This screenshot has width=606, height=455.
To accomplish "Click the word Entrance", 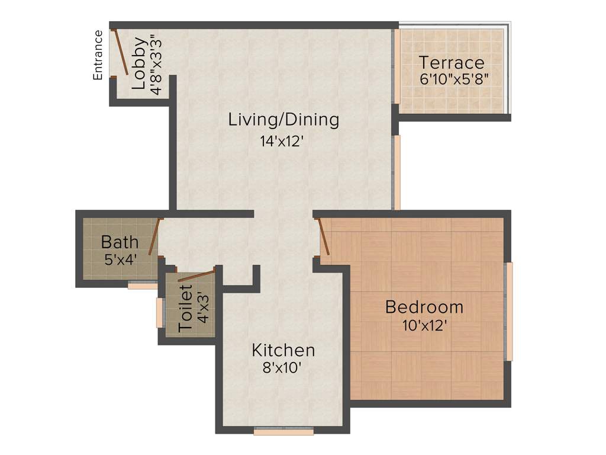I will [x=98, y=55].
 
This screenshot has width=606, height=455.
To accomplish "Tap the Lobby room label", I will [x=139, y=63].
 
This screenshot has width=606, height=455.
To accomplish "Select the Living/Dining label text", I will [x=283, y=120].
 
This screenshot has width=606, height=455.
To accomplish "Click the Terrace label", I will [x=452, y=62].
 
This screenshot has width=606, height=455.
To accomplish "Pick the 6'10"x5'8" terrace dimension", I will [x=454, y=79].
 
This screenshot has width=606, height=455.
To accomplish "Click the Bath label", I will [x=120, y=242].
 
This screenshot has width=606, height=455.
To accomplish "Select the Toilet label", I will [x=186, y=308].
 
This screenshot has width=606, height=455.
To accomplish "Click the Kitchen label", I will [x=283, y=350].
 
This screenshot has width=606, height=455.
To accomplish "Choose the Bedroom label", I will [x=424, y=307].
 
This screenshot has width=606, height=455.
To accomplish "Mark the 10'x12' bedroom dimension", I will [x=424, y=325].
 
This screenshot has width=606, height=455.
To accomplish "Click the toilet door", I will [x=196, y=275].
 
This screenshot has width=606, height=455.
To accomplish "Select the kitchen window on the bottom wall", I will [x=283, y=432].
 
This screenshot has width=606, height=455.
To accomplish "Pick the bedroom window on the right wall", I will [x=508, y=311].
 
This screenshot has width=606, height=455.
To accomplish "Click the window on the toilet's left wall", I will [x=159, y=313].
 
